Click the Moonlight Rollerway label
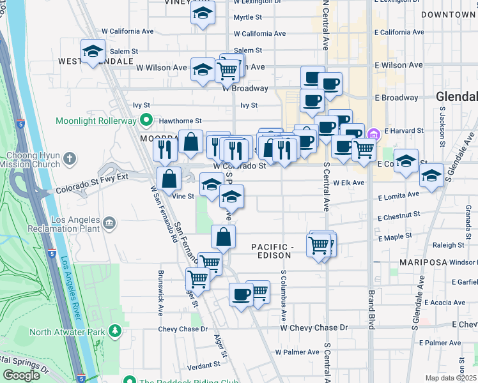pyautogui.click(x=96, y=120)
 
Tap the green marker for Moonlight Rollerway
pyautogui.click(x=146, y=120)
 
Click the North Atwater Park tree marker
pyautogui.click(x=114, y=331)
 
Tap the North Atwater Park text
pyautogui.click(x=66, y=331)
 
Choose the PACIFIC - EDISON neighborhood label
pyautogui.click(x=281, y=250)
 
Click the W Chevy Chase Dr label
pyautogui.click(x=314, y=327)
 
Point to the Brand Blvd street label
pyautogui.click(x=371, y=311)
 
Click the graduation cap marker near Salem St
pyautogui.click(x=93, y=51)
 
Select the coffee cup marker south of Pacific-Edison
pyautogui.click(x=241, y=294)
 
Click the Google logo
pyautogui.click(x=22, y=375)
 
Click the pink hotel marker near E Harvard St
pyautogui.click(x=374, y=134)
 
